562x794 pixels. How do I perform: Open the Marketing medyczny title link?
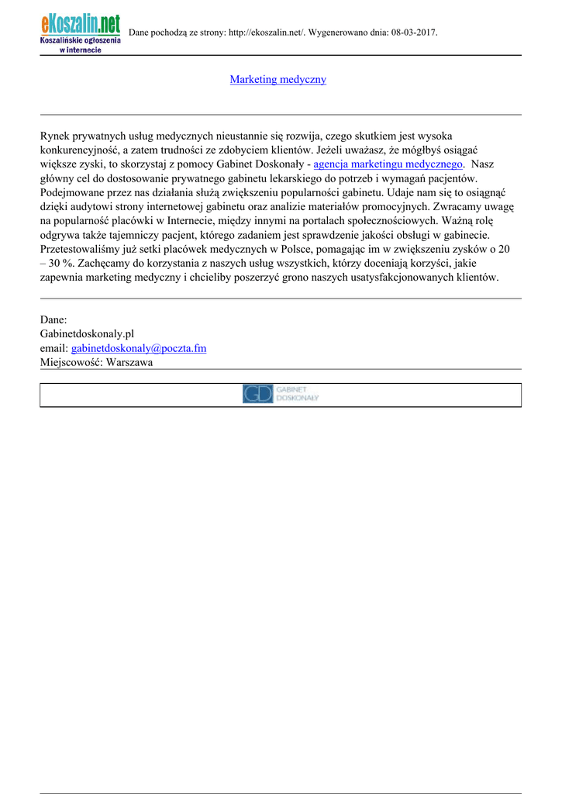tap(278, 80)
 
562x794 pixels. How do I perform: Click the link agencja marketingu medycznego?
tap(388, 164)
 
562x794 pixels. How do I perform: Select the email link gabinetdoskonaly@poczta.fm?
tap(139, 348)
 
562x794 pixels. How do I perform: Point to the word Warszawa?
tap(129, 362)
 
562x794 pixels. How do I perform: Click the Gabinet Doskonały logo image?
tap(281, 394)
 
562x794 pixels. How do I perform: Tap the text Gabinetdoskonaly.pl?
tap(87, 333)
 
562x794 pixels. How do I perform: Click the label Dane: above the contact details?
tap(53, 319)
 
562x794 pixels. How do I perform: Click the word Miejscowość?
tap(71, 362)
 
